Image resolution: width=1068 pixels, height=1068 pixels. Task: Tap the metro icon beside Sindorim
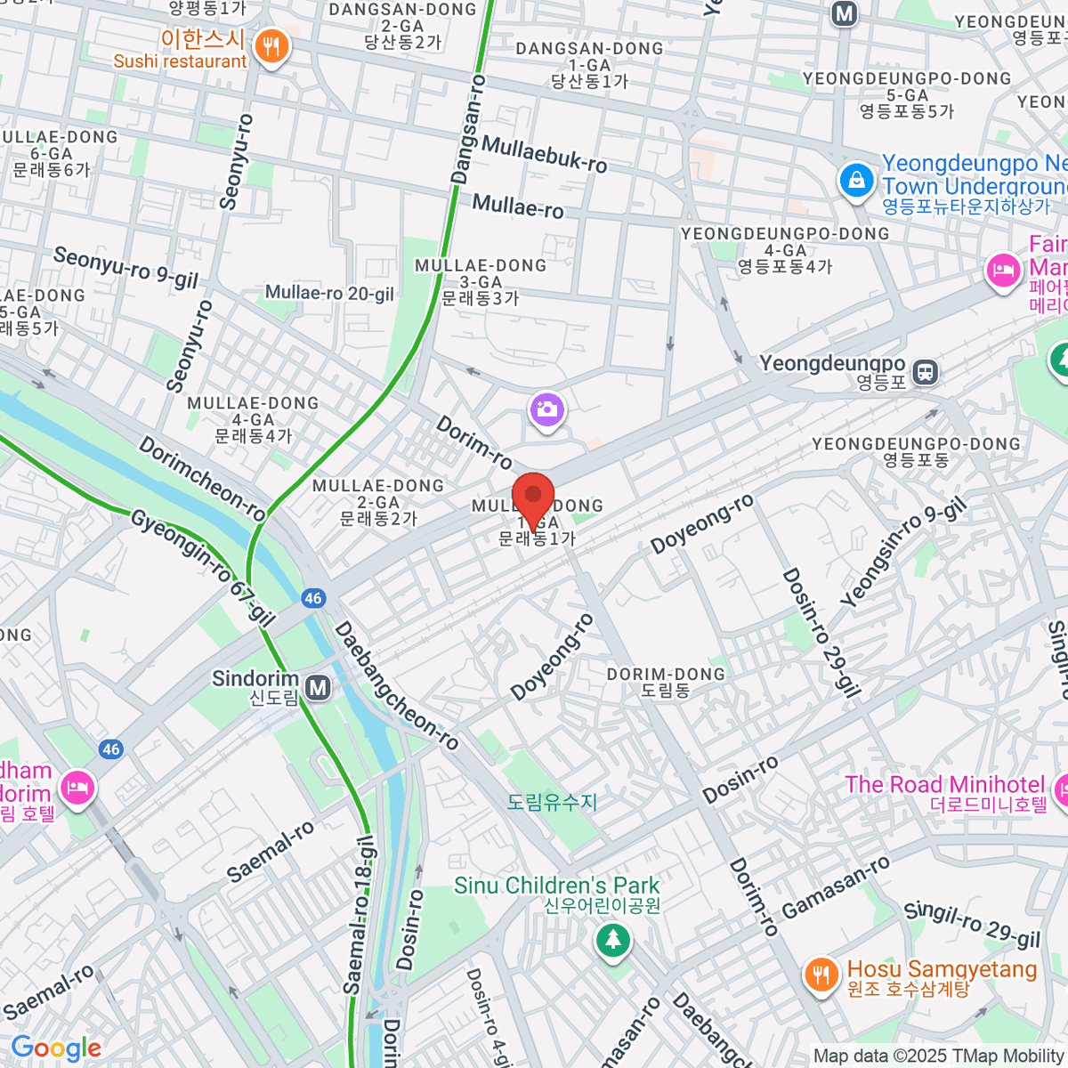(x=318, y=687)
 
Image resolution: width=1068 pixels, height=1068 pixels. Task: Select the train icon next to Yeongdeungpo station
(x=926, y=372)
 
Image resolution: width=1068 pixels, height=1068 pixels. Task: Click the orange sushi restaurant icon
(x=271, y=46)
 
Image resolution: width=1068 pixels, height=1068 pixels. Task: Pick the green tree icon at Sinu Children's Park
(x=612, y=939)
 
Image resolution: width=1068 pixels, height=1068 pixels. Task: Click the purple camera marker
(x=547, y=409)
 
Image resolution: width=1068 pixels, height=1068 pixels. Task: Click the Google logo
(x=56, y=1048)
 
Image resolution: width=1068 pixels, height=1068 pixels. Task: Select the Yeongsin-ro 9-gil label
(x=902, y=554)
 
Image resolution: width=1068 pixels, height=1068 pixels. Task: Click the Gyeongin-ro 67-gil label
(x=203, y=568)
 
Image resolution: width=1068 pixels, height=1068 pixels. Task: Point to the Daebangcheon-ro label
(x=396, y=686)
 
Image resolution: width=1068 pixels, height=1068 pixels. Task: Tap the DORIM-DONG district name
(x=666, y=682)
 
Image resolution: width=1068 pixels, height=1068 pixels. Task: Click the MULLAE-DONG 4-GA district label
(x=253, y=419)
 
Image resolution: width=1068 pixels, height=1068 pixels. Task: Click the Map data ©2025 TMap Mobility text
(x=939, y=1056)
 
